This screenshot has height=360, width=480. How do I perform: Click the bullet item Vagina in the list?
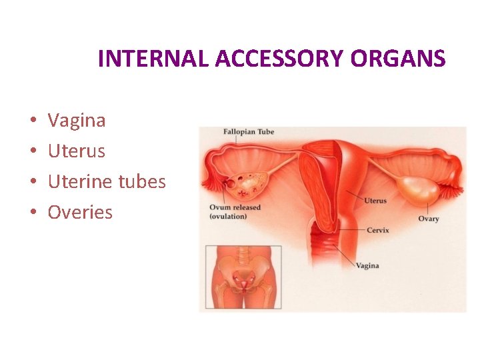coord(77,121)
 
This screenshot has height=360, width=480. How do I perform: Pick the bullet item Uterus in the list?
coord(77,151)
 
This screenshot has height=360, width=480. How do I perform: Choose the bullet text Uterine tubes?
coord(107,181)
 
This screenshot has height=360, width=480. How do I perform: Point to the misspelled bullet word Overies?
coord(80,213)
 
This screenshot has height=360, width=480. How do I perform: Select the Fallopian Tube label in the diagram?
coord(248,132)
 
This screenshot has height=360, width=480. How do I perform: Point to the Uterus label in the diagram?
coord(375,201)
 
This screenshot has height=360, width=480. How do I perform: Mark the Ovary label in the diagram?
coord(429,219)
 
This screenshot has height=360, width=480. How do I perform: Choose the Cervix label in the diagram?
coord(377,231)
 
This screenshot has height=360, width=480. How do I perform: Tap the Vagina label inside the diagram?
coord(367,265)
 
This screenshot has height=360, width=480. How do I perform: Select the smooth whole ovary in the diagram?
coord(417,190)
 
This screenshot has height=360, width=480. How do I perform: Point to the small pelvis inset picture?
coord(243,277)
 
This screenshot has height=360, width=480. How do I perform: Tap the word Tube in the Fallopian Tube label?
coord(265,132)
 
